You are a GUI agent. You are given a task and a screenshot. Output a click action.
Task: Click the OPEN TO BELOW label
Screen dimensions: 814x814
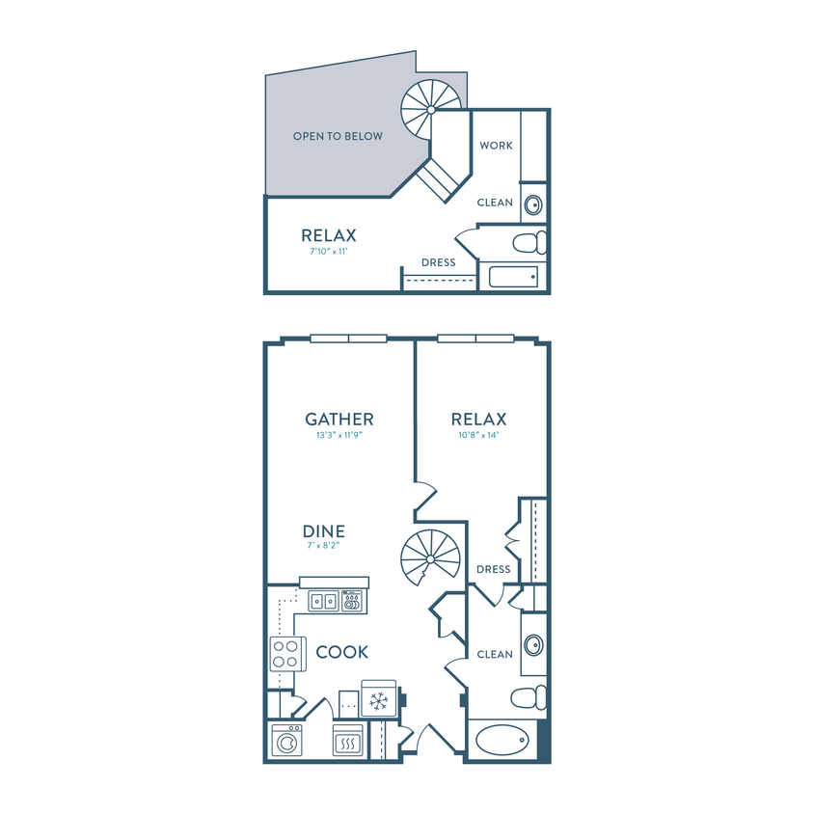(338, 136)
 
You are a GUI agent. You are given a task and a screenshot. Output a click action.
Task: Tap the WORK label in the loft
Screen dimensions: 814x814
(497, 146)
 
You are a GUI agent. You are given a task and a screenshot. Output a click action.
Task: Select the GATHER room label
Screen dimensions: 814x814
(339, 419)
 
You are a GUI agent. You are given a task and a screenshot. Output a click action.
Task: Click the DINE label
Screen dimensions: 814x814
(324, 531)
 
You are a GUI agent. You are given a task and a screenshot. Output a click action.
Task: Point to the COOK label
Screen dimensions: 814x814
(342, 652)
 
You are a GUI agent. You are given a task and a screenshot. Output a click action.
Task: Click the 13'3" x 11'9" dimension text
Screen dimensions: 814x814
(339, 435)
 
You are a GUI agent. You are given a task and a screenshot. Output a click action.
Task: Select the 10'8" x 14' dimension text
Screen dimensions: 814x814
(478, 435)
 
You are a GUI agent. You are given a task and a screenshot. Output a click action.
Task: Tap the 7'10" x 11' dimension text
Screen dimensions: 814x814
(329, 252)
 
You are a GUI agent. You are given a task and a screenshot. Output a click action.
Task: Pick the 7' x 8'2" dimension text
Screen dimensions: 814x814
(323, 545)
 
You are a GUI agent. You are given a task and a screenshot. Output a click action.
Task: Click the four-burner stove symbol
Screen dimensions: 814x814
(285, 654)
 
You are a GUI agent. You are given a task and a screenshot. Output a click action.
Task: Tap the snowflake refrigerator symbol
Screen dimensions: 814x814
(379, 699)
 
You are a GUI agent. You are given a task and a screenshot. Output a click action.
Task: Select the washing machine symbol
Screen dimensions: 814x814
(286, 741)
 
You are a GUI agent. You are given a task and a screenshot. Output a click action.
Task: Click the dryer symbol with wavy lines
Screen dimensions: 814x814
(348, 741)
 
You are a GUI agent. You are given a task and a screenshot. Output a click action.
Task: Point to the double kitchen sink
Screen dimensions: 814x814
(324, 602)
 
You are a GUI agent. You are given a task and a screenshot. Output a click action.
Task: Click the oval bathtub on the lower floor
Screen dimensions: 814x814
(502, 740)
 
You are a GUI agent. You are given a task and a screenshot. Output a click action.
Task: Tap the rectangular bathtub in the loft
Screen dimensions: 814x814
(513, 277)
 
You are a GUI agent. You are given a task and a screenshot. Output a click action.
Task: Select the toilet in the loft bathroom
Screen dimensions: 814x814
(529, 242)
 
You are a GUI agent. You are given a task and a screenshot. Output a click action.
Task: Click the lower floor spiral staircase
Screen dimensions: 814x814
(430, 558)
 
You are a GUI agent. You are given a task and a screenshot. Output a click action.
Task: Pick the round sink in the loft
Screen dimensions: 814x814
(533, 204)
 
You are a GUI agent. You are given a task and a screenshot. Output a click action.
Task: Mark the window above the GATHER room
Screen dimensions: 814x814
(348, 339)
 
